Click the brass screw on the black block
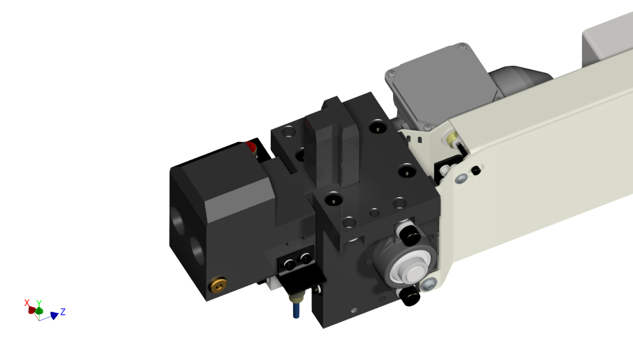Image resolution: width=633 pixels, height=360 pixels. point(218,285)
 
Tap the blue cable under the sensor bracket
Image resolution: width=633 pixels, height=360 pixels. point(296,309)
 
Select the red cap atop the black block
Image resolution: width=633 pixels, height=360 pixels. point(251,146)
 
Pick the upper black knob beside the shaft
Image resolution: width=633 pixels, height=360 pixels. point(410,235)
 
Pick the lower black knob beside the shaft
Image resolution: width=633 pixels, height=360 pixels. point(410,296)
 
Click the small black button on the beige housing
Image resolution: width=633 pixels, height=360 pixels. point(476,170)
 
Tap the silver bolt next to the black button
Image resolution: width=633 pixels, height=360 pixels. point(460,178)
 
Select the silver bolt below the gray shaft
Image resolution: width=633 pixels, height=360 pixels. point(429,284)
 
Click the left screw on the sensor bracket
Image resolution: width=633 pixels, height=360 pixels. point(290,264)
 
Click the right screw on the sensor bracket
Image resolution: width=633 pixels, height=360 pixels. point(305,258)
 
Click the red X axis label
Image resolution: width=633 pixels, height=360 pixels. point(27,303)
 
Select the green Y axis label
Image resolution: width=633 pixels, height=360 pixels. point(39,303)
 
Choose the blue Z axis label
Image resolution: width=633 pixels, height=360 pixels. point(63,311)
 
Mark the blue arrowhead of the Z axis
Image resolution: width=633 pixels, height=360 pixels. point(54,316)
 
